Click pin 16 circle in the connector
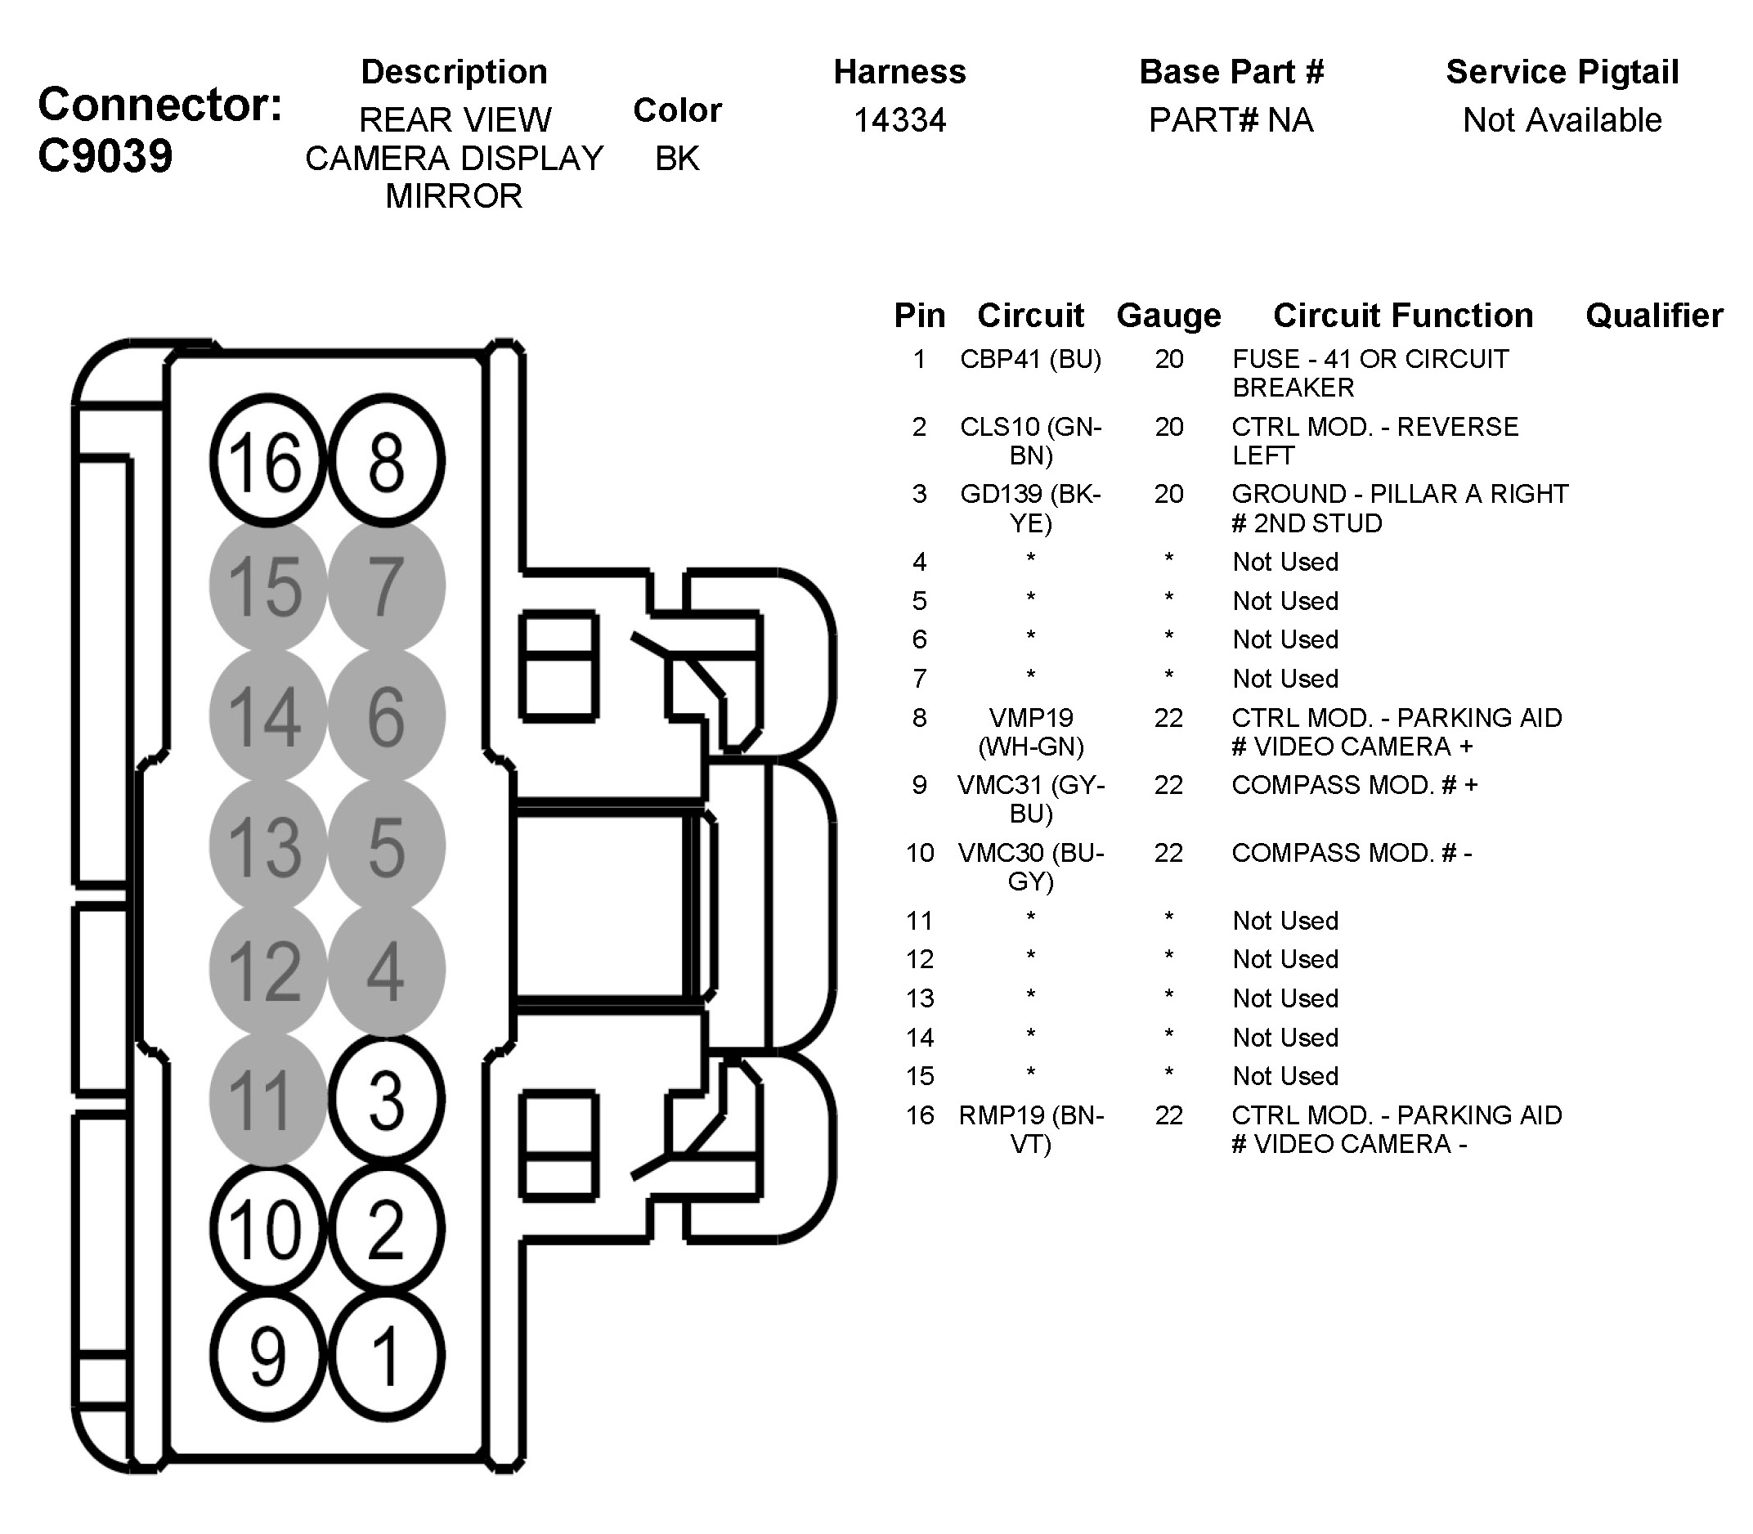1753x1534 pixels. pyautogui.click(x=268, y=460)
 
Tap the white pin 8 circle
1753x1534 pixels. pyautogui.click(x=386, y=460)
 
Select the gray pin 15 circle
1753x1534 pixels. pyautogui.click(x=268, y=586)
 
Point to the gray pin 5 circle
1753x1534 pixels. pyautogui.click(x=386, y=845)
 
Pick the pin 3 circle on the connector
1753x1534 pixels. pyautogui.click(x=386, y=1100)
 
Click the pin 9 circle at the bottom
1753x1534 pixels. pyautogui.click(x=268, y=1356)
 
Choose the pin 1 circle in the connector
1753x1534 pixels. pyautogui.click(x=386, y=1356)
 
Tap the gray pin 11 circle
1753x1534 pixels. pyautogui.click(x=268, y=1100)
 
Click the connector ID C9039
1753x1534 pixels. pyautogui.click(x=105, y=156)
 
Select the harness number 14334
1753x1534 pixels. pyautogui.click(x=899, y=120)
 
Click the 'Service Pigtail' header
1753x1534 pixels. pyautogui.click(x=1562, y=72)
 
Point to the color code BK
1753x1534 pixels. pyautogui.click(x=677, y=159)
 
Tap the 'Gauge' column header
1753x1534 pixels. pyautogui.click(x=1168, y=316)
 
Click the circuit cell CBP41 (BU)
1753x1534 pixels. pyautogui.click(x=1030, y=359)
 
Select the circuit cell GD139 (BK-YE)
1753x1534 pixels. pyautogui.click(x=1030, y=508)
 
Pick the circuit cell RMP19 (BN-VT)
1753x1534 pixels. pyautogui.click(x=1030, y=1129)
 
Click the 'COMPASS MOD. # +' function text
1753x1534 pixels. pyautogui.click(x=1354, y=785)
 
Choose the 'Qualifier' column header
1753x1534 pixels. pyautogui.click(x=1654, y=316)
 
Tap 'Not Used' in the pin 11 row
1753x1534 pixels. pyautogui.click(x=1284, y=920)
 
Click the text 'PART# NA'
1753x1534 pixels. pyautogui.click(x=1231, y=120)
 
